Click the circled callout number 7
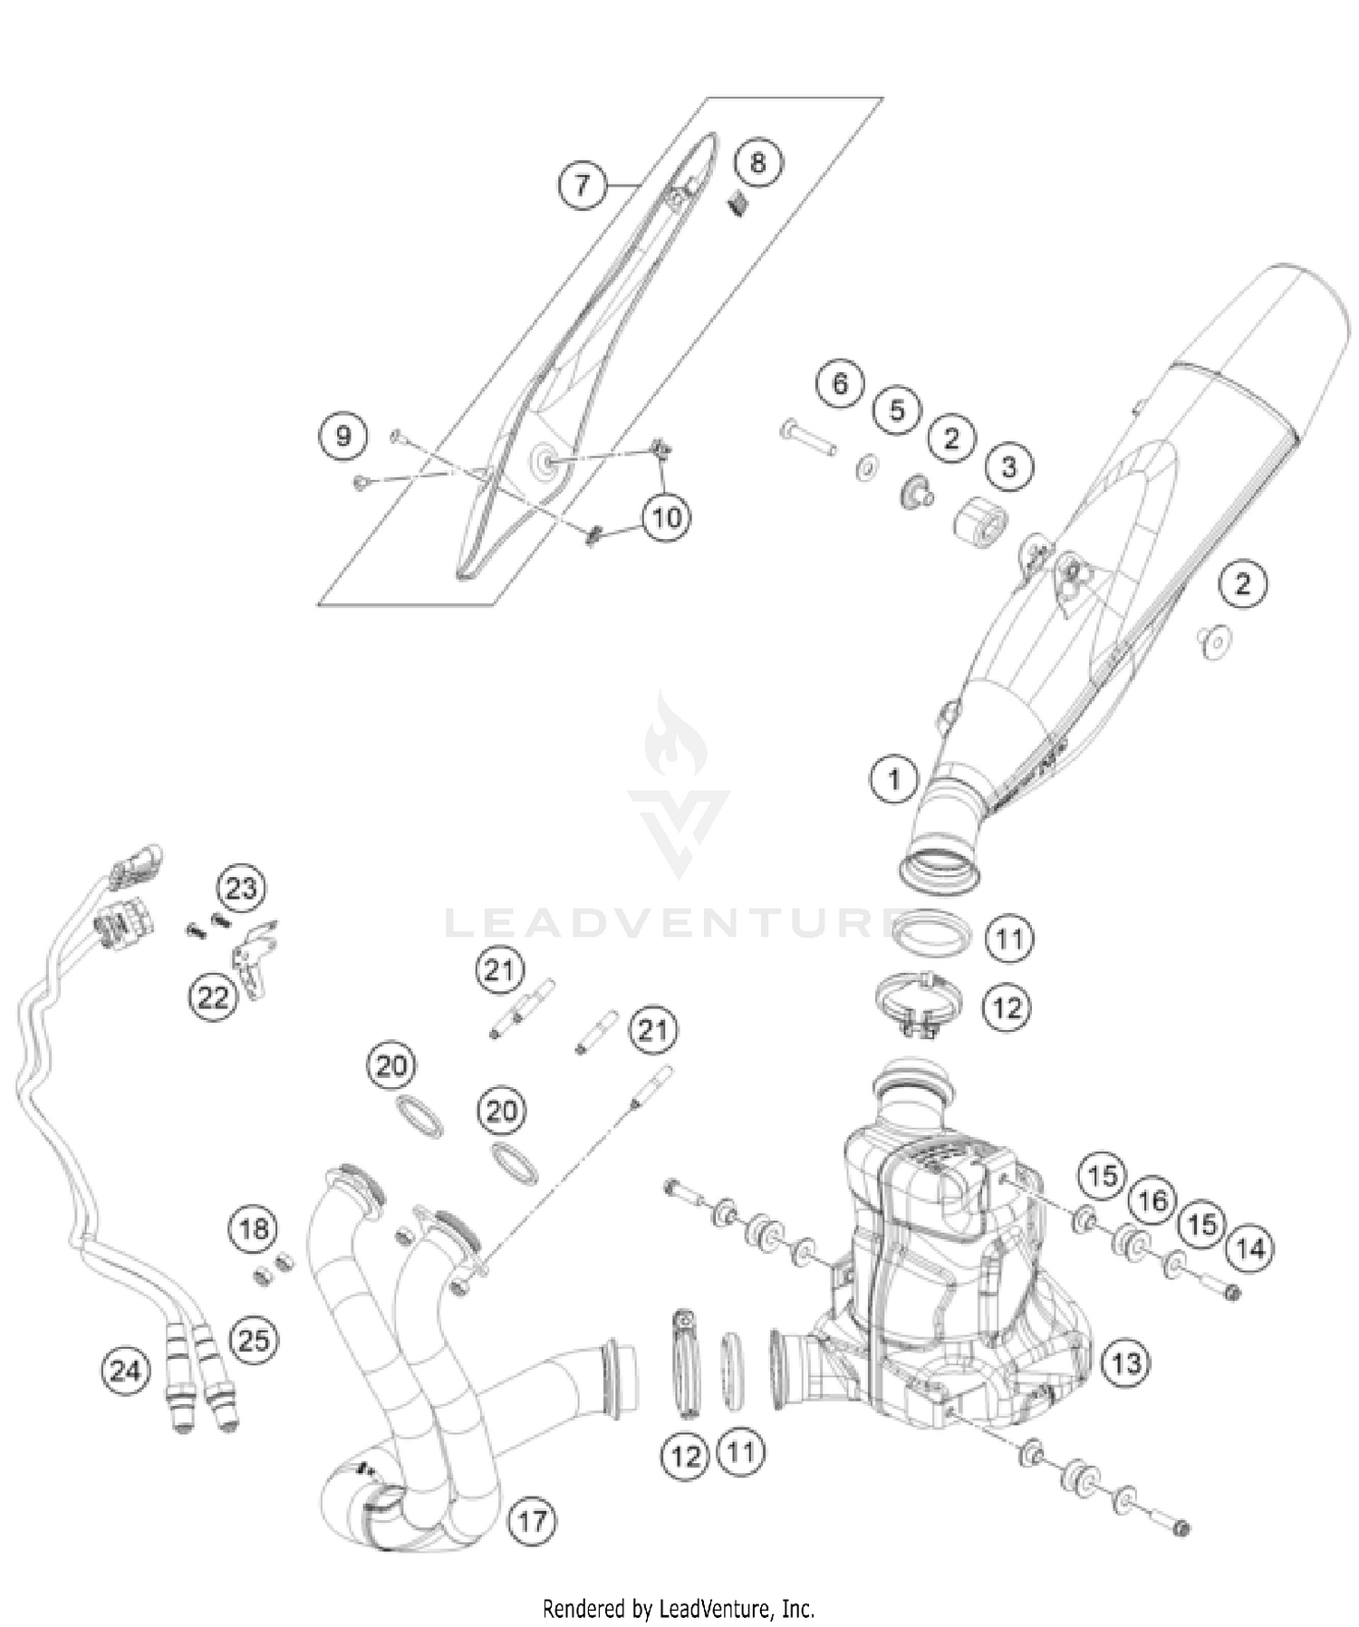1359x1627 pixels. tap(581, 185)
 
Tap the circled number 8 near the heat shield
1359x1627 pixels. tap(757, 163)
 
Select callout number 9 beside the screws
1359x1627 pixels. tap(343, 437)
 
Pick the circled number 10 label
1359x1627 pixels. tap(666, 518)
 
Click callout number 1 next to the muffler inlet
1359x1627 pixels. tap(894, 779)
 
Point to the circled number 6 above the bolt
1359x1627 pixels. tap(840, 384)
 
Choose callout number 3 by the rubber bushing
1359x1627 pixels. tap(1008, 467)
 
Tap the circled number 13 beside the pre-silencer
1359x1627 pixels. tap(1126, 1363)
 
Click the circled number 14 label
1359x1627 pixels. tap(1250, 1249)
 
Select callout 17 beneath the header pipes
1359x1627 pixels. tap(532, 1519)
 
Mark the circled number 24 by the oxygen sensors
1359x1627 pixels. tap(125, 1370)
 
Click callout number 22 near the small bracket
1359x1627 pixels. tap(213, 997)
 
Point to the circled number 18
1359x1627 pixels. tap(253, 1229)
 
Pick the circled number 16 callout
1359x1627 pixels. tap(1152, 1202)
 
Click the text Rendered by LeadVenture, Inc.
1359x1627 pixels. tap(679, 1608)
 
